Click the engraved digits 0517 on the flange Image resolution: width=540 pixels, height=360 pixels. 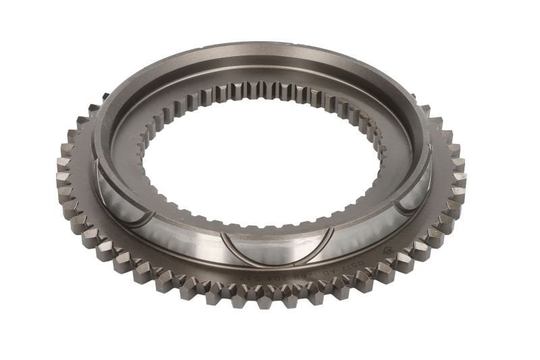[369, 265]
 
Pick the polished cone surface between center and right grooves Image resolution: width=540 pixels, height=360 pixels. [351, 230]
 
